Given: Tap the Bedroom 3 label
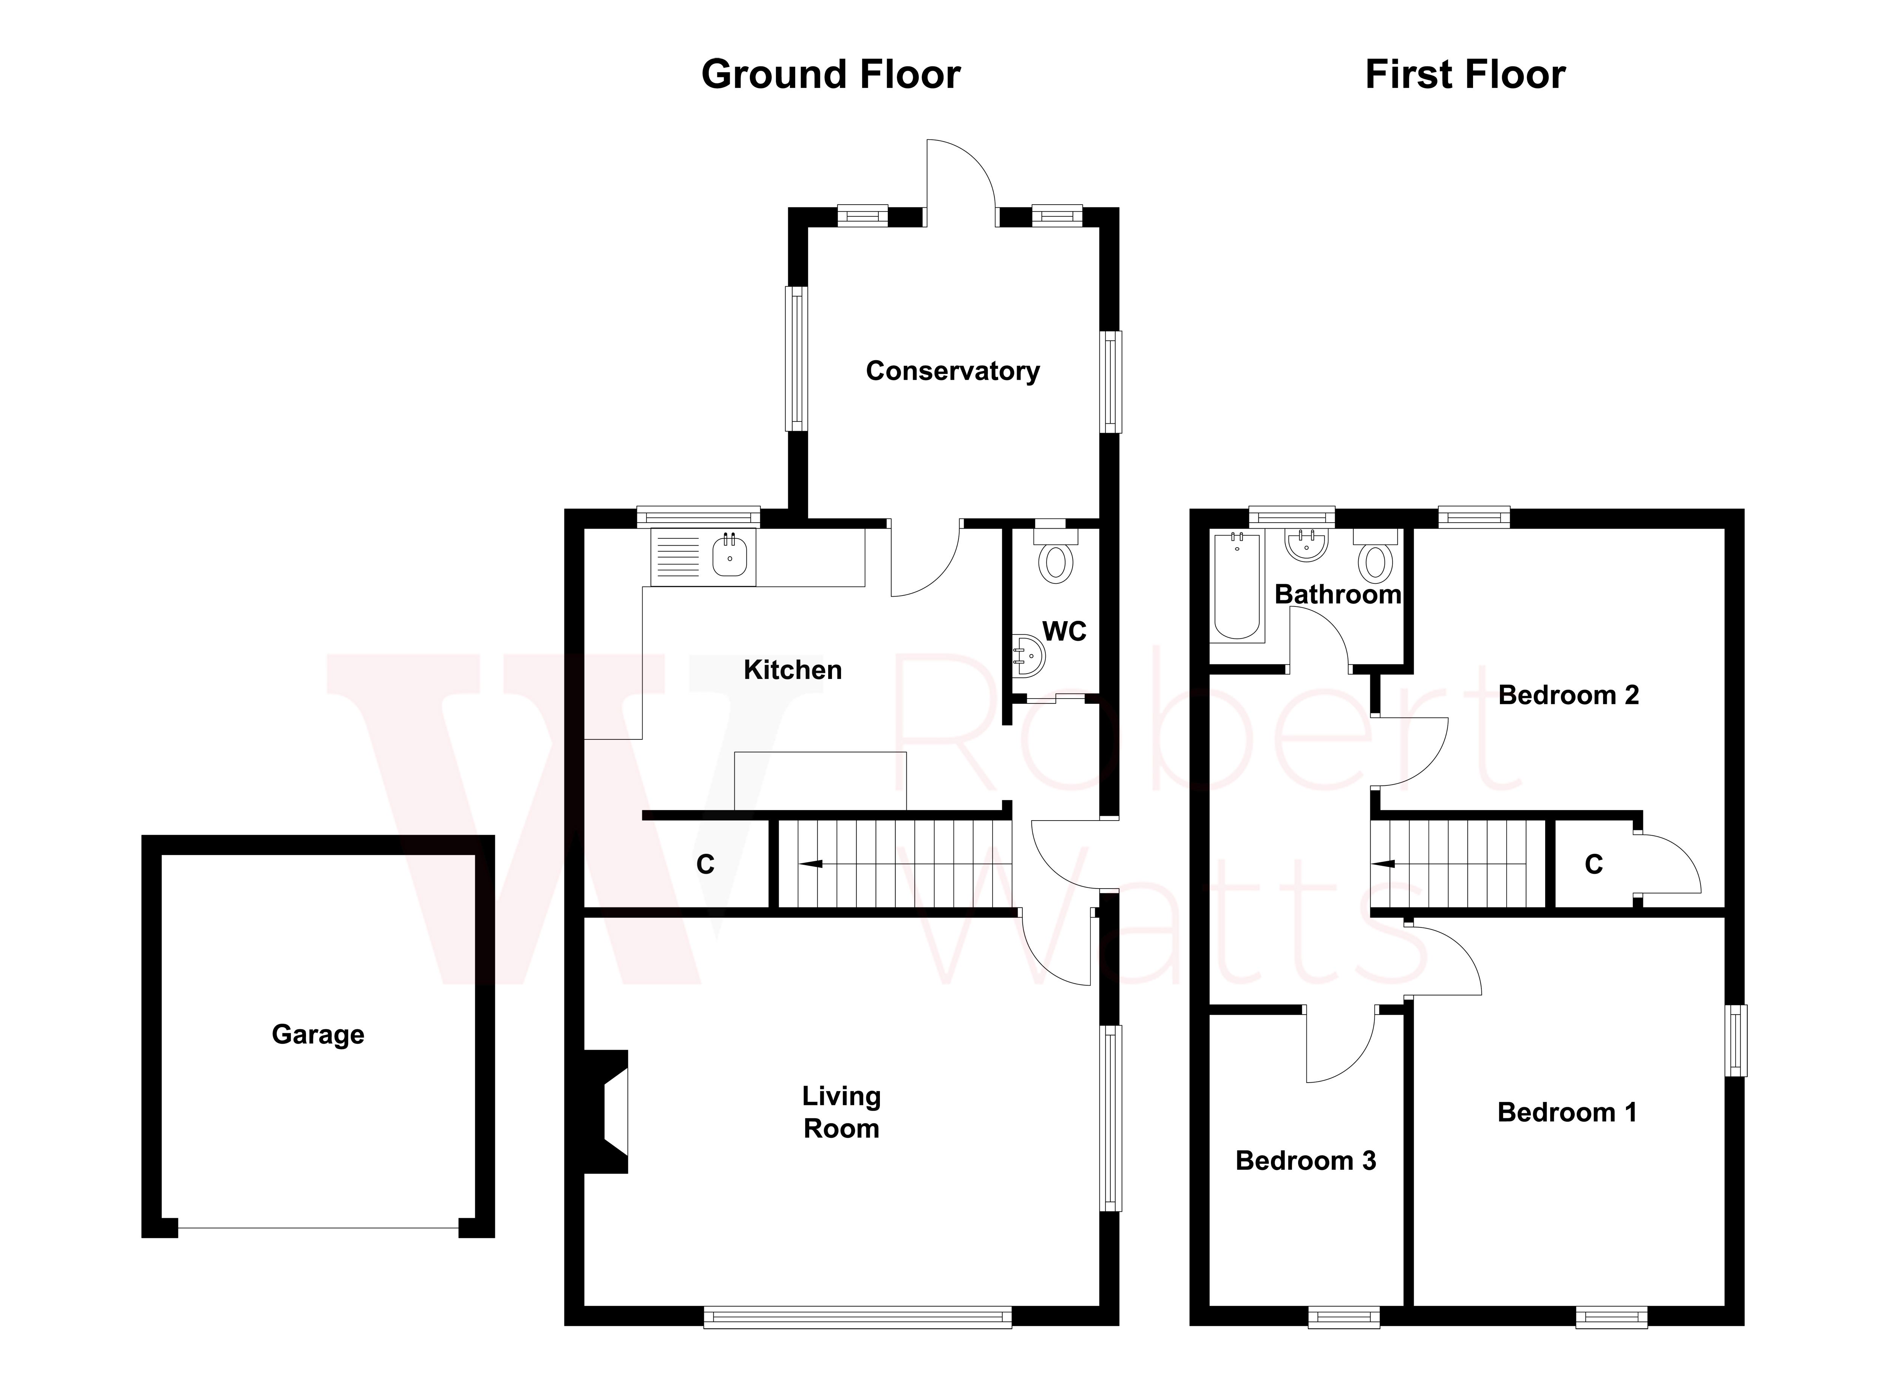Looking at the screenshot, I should click(1305, 1161).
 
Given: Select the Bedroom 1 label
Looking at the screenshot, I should click(1566, 1112).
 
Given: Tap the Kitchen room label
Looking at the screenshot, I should click(792, 670).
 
